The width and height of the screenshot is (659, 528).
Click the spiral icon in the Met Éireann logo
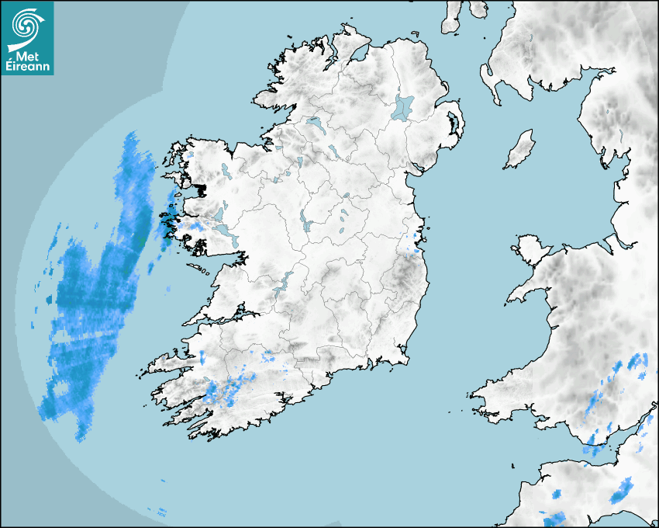(x=26, y=24)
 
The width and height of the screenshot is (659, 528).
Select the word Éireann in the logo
(x=27, y=67)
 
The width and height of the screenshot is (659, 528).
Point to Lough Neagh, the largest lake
(x=404, y=107)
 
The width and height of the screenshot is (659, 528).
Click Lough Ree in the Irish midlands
(x=309, y=226)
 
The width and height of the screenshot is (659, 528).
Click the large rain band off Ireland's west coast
(x=93, y=295)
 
